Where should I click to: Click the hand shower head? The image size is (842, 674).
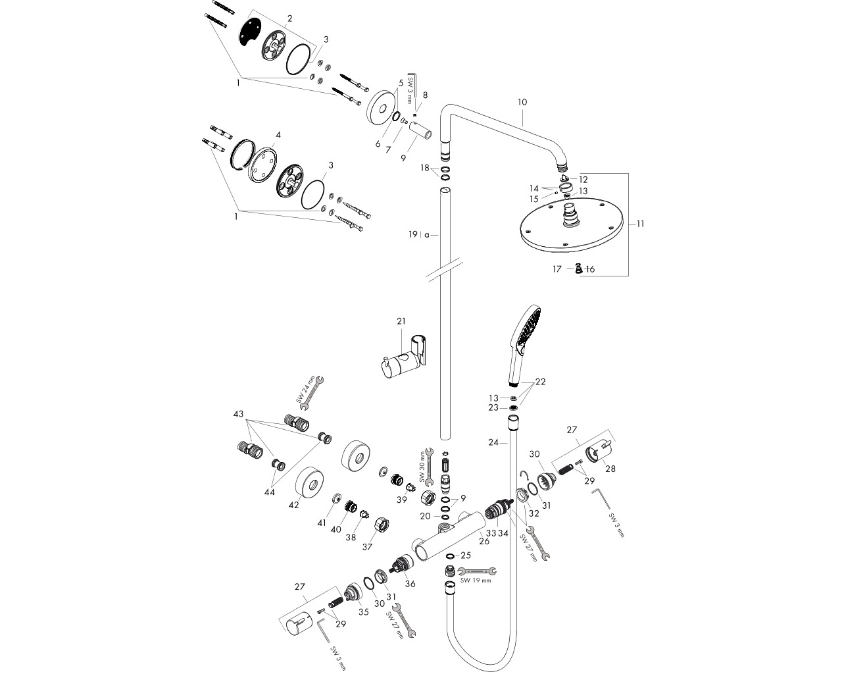[524, 346]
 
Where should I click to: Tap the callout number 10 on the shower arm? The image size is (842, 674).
[522, 102]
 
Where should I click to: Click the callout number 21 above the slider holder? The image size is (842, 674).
[401, 321]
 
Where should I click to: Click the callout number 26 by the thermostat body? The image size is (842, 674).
[484, 541]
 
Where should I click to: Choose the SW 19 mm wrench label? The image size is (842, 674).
[476, 581]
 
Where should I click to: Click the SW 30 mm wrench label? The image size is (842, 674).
[422, 467]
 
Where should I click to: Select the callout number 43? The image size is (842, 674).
[238, 414]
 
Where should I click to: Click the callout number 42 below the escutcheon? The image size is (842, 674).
[293, 505]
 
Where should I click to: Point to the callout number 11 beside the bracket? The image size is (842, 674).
[640, 224]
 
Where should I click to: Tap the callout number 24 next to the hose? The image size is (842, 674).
[493, 442]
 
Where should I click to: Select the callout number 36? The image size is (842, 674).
[410, 584]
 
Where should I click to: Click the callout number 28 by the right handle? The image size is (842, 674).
[610, 469]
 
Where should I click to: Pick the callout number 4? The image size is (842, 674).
[278, 135]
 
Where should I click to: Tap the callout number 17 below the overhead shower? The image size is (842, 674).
[557, 269]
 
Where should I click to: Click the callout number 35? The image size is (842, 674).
[364, 611]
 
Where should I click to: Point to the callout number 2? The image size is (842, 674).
[289, 18]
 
